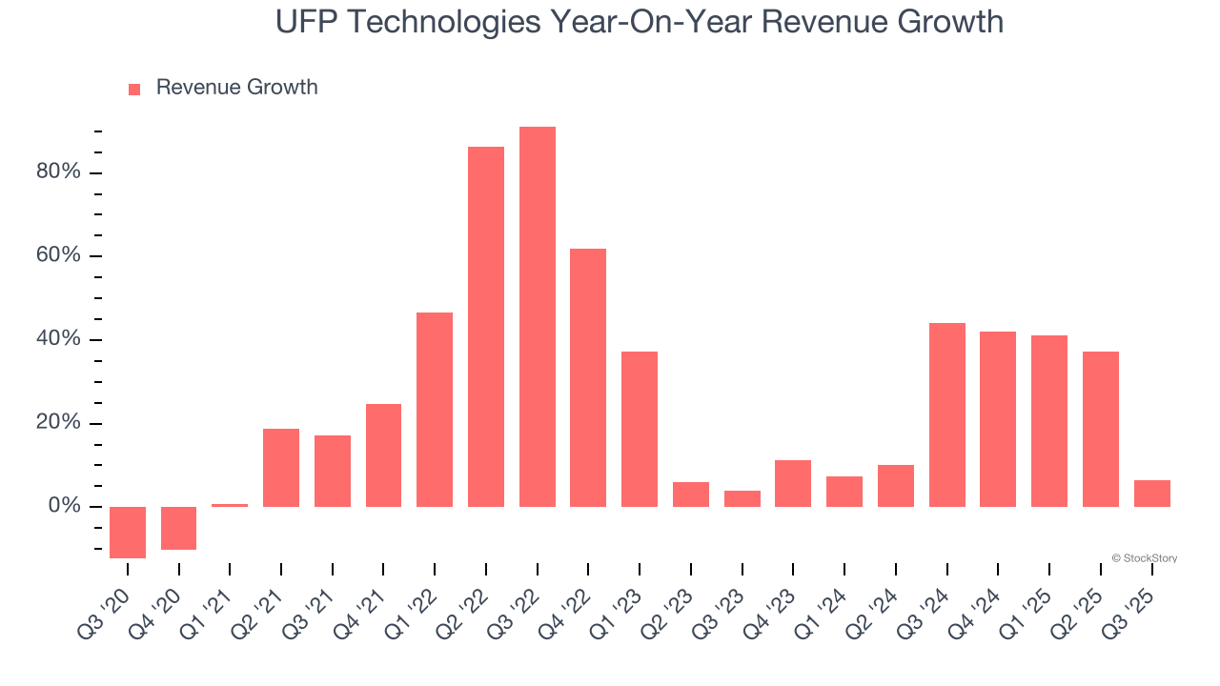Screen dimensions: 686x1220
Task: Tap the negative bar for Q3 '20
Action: [x=128, y=532]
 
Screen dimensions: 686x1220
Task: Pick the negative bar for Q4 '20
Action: [x=179, y=528]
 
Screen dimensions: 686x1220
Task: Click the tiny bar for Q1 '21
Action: [x=230, y=505]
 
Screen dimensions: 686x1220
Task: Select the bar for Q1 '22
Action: [x=435, y=410]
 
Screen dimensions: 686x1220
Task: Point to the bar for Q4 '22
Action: [x=588, y=377]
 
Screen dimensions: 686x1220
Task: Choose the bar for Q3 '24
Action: [x=947, y=414]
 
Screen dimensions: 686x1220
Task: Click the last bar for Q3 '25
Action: [x=1152, y=494]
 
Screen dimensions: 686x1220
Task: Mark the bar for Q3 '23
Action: [x=742, y=498]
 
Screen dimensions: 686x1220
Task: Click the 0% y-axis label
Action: [x=64, y=507]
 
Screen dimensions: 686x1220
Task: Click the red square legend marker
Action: [x=134, y=89]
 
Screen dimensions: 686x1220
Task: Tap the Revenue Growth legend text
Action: [x=236, y=88]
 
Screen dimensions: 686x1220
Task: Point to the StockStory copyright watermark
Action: [x=1144, y=558]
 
